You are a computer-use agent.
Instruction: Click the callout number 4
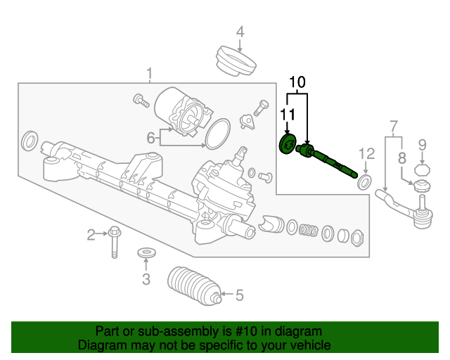tap(240, 32)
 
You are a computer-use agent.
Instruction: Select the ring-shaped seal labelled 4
tap(236, 61)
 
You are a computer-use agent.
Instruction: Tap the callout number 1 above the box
tap(149, 74)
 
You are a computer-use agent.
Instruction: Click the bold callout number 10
tap(297, 82)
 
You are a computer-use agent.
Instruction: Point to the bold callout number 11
tap(288, 115)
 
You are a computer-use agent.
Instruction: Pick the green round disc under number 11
tap(288, 144)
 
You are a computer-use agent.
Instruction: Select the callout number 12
tap(366, 153)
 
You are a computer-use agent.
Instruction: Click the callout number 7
tap(394, 127)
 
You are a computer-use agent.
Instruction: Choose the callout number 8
tap(402, 158)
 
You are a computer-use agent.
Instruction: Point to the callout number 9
tap(422, 146)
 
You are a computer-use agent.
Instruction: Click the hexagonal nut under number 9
tap(422, 170)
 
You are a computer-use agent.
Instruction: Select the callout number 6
tap(151, 138)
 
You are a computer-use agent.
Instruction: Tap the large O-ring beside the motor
tap(218, 134)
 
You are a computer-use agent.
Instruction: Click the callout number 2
tap(91, 235)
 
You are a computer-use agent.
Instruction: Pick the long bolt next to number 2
tap(115, 243)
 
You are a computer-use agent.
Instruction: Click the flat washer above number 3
tap(147, 253)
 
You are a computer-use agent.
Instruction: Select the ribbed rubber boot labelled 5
tap(195, 286)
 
